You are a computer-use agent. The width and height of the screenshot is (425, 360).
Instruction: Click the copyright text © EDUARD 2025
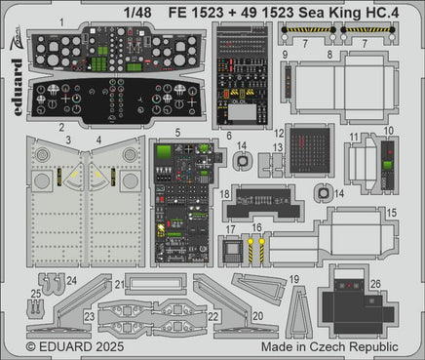pyautogui.click(x=74, y=345)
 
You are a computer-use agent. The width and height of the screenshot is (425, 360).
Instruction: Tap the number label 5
pyautogui.click(x=176, y=133)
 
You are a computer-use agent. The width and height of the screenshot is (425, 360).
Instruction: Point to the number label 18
pyautogui.click(x=224, y=195)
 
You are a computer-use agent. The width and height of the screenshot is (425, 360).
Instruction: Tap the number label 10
pyautogui.click(x=388, y=131)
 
